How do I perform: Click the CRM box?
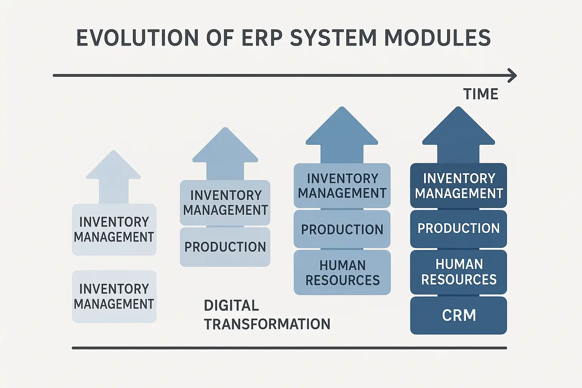[x=458, y=315]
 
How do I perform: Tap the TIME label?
[x=480, y=94]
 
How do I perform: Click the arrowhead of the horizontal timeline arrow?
[x=512, y=75]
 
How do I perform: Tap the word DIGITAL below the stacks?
[x=231, y=305]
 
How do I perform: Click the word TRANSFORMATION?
[x=267, y=324]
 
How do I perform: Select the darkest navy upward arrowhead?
[x=458, y=129]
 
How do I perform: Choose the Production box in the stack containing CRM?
[x=458, y=228]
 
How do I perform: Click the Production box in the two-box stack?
[x=225, y=247]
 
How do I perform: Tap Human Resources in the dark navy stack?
[x=458, y=272]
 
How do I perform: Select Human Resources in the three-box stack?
[x=342, y=272]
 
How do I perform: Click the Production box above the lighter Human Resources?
[x=342, y=229]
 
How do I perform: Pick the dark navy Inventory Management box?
[x=458, y=186]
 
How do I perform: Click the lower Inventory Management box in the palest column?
[x=114, y=296]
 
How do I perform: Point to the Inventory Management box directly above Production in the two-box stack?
[x=225, y=203]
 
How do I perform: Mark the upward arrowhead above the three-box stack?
[x=342, y=129]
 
